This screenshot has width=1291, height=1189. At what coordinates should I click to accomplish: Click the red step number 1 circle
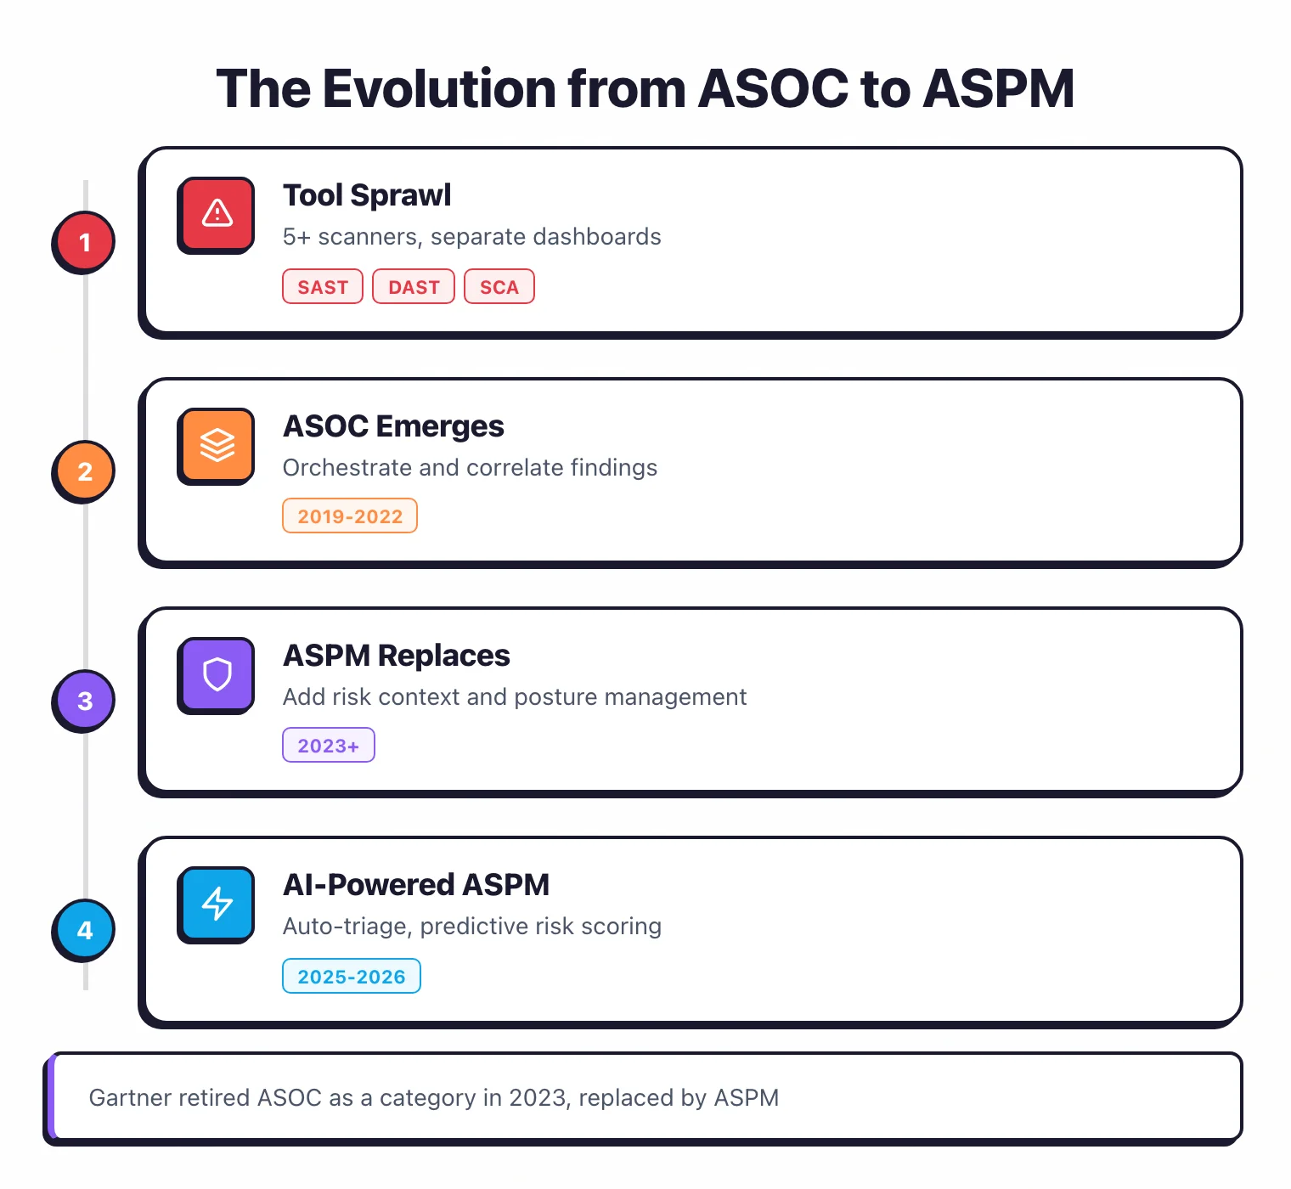tap(84, 242)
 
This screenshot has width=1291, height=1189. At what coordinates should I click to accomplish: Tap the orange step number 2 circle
tap(84, 471)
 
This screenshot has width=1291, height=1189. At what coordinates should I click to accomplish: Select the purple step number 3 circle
tap(84, 701)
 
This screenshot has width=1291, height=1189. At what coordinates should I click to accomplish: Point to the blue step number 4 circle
tap(84, 930)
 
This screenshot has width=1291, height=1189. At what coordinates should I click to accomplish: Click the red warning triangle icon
tap(217, 213)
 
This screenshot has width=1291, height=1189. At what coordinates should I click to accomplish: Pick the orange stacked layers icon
tap(217, 444)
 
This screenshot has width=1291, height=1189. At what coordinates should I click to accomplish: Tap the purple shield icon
tap(217, 674)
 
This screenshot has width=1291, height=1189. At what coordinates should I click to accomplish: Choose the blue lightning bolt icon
tap(217, 904)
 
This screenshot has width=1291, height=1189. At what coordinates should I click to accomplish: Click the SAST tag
tap(323, 287)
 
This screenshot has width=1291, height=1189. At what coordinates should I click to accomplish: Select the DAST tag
tap(414, 287)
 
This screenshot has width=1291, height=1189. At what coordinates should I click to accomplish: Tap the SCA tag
tap(499, 287)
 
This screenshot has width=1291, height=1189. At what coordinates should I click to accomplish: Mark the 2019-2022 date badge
tap(350, 516)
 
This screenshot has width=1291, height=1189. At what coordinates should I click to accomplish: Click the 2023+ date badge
tap(329, 746)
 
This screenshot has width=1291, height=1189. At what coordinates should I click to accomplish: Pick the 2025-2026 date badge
tap(352, 977)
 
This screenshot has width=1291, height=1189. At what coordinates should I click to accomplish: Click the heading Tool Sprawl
tap(367, 195)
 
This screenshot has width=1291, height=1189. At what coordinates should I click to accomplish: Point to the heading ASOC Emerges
tap(393, 426)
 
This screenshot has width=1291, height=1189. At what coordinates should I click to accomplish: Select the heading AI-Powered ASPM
tap(416, 885)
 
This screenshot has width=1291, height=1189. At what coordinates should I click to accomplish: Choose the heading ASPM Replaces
tap(397, 656)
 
